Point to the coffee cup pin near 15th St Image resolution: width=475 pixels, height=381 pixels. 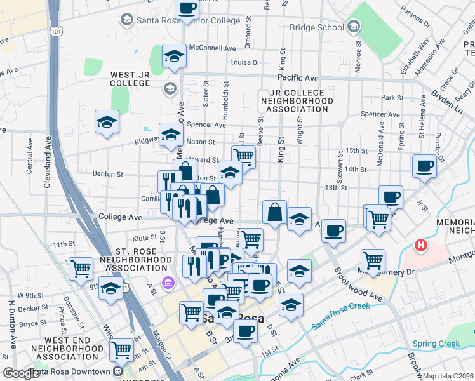coord(424,166)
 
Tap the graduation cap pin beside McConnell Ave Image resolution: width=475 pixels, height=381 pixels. coord(173,56)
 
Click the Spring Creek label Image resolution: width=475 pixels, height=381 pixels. coord(436,344)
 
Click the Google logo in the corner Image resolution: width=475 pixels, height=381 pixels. coord(21,373)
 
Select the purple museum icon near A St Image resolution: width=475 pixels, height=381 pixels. coord(168,281)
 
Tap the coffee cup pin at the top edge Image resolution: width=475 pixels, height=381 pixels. coord(187,8)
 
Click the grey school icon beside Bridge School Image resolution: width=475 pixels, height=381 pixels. coord(353,27)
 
